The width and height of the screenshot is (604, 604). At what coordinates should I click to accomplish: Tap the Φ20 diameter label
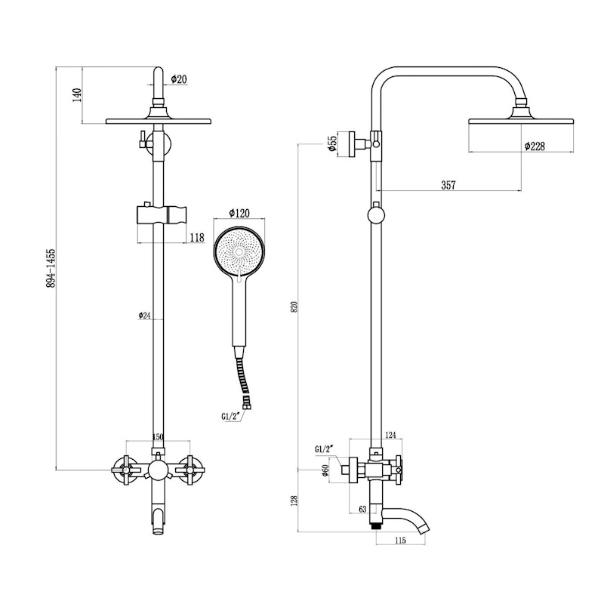179,79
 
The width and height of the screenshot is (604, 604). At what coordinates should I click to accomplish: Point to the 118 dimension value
196,238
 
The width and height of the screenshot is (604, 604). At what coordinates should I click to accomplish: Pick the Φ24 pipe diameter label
145,316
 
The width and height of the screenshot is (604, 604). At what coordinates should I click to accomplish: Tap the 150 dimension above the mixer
158,437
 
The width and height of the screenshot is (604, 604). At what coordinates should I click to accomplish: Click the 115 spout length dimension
400,541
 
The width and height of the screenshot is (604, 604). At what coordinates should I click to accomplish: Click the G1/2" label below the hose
231,414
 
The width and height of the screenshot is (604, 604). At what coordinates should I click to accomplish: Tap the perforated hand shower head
238,251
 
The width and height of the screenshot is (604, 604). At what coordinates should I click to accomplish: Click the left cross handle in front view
123,471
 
